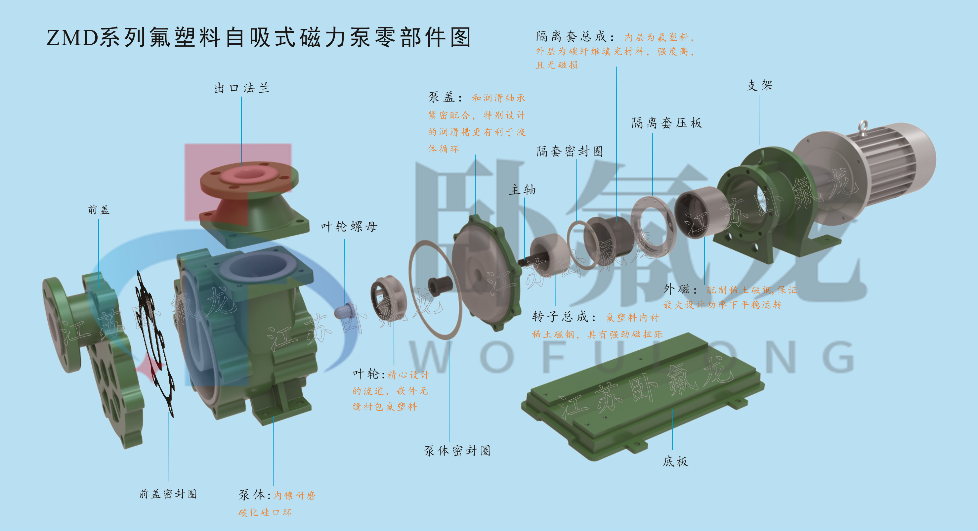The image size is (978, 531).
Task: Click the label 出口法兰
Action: (242, 88)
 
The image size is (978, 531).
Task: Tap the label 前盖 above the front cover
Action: (99, 210)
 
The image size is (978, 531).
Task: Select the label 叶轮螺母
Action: (349, 227)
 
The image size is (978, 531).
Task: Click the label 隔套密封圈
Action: (570, 151)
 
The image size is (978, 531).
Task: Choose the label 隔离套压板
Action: (667, 123)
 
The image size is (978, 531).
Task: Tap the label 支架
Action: (760, 85)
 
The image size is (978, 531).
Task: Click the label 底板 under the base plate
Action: (675, 462)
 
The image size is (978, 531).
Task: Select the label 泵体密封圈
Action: (457, 451)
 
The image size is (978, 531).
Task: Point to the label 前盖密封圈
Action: (167, 494)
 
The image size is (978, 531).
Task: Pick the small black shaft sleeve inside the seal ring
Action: (440, 286)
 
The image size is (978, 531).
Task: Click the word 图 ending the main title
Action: (460, 38)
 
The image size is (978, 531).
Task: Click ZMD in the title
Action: (72, 38)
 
